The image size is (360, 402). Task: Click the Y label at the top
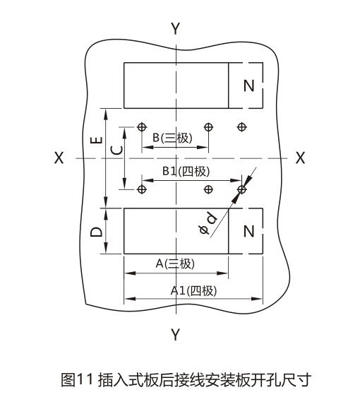(x=176, y=28)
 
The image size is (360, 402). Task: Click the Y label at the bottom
(x=176, y=334)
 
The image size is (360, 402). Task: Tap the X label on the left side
(x=59, y=158)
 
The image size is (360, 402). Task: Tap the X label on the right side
(x=300, y=158)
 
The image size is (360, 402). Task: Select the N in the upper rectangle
(x=248, y=85)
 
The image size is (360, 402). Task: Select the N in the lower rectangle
(x=248, y=231)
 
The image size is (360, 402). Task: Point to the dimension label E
(x=97, y=140)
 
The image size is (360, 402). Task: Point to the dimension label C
(x=117, y=150)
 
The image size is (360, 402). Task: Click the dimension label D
(x=97, y=232)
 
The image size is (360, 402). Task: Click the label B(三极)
(x=172, y=138)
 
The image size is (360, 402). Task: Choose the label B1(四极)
(x=186, y=171)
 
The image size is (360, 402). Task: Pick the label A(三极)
(x=175, y=264)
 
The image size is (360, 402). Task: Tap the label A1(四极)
(x=193, y=291)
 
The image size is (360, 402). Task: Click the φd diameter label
(x=208, y=222)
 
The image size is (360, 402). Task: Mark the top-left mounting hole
(x=141, y=127)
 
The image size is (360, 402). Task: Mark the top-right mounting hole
(x=241, y=127)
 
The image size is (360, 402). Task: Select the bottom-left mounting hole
(x=141, y=189)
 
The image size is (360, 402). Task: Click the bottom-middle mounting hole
(x=208, y=189)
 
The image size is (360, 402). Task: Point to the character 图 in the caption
(x=68, y=379)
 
